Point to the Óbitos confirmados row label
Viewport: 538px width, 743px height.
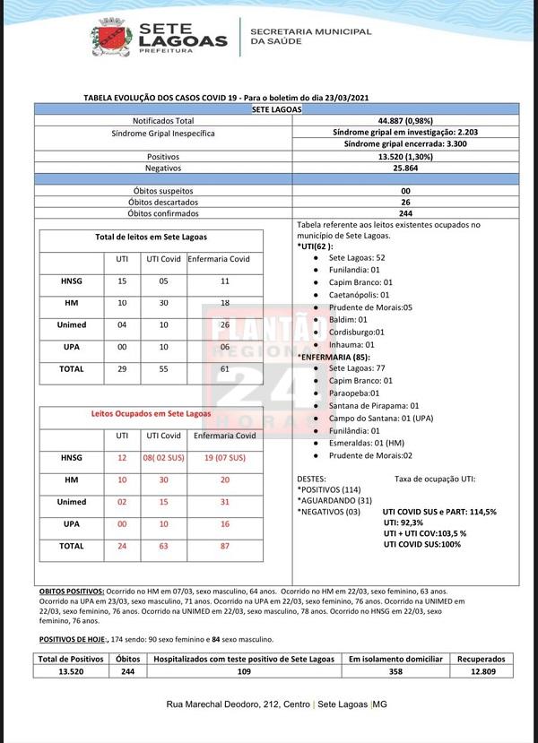(162, 213)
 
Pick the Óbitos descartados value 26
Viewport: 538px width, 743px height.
(405, 203)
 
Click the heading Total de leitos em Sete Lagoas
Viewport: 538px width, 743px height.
(152, 237)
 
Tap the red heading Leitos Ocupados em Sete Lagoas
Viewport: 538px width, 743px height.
(152, 414)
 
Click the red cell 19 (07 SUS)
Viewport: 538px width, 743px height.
(225, 457)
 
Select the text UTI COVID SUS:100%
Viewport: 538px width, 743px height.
(423, 544)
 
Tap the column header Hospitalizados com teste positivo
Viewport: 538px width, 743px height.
(243, 659)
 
